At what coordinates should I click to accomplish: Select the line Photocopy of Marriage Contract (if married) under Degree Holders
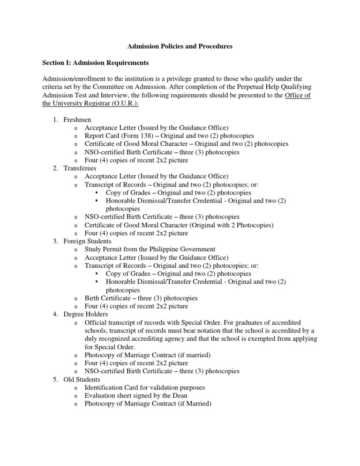click(x=148, y=355)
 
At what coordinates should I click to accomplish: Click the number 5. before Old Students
click(x=55, y=379)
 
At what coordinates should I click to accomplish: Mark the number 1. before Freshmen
click(x=55, y=120)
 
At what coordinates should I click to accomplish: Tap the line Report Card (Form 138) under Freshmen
click(x=169, y=136)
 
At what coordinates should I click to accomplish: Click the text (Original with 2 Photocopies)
click(x=229, y=225)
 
